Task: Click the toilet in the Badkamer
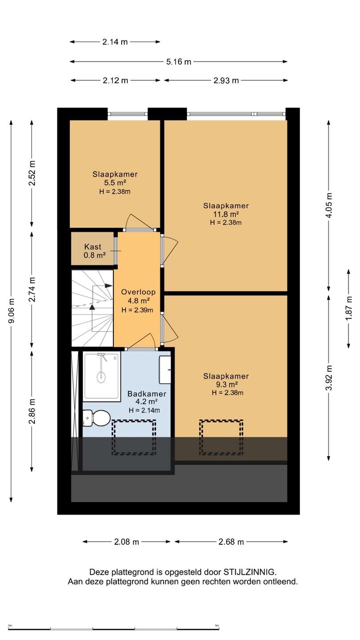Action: coord(96,418)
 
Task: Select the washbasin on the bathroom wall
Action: coord(165,370)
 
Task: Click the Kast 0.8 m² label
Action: coord(95,251)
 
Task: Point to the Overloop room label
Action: coord(138,292)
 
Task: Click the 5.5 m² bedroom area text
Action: coord(115,183)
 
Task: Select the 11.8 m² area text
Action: coord(226,214)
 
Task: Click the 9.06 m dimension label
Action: coord(12,311)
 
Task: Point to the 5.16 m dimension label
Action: coord(179,62)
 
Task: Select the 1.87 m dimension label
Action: coord(349,308)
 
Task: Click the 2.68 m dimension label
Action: coord(231,542)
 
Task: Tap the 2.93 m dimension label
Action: coord(226,80)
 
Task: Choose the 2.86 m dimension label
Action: coord(32,411)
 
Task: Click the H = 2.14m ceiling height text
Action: coord(144,410)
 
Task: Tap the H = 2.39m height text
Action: coord(137,310)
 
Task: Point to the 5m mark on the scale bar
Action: coord(217,625)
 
